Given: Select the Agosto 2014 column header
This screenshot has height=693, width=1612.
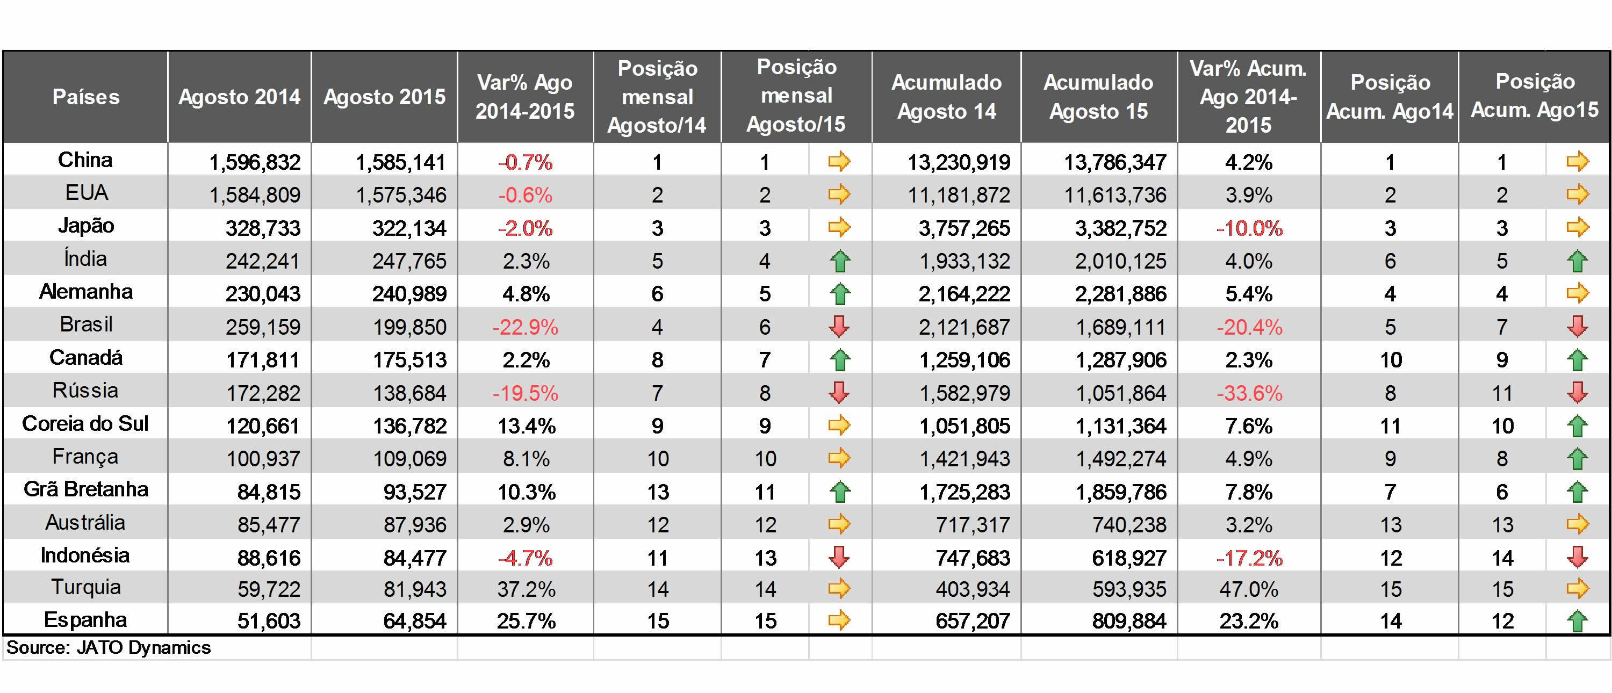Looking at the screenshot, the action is click(x=240, y=97).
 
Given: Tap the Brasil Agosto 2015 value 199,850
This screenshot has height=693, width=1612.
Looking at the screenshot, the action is click(x=409, y=327).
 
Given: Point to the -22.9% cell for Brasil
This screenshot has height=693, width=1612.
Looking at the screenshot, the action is click(x=525, y=327).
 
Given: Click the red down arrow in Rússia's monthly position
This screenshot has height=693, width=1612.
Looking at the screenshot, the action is click(x=839, y=392).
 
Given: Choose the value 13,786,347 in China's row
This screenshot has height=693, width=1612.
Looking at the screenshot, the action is click(x=1115, y=163).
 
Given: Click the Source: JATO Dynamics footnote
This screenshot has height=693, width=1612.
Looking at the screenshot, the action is click(x=108, y=647).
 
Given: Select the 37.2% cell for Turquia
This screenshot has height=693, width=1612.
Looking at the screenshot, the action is click(x=526, y=589).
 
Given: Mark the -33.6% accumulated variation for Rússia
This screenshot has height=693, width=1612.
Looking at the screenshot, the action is click(x=1249, y=393).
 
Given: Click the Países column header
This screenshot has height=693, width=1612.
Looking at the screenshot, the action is click(x=86, y=97).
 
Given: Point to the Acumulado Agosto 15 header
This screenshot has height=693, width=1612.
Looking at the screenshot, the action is click(x=1098, y=97).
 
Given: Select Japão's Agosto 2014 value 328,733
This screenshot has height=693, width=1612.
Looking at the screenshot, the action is click(x=263, y=228).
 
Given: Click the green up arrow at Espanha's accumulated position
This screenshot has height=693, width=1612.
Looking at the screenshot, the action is click(x=1577, y=620).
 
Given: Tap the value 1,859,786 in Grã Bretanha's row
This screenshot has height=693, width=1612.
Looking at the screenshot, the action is click(x=1121, y=492).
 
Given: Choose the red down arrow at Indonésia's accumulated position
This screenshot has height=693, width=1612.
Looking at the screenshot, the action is click(x=1577, y=557).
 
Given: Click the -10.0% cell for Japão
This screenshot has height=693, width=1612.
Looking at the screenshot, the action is click(x=1249, y=228).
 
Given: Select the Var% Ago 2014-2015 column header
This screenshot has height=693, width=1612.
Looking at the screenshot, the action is click(x=525, y=97).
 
